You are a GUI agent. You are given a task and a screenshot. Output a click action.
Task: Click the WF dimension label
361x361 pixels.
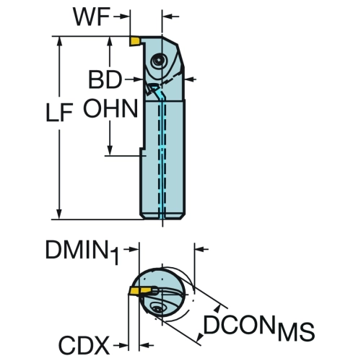coord(92,17)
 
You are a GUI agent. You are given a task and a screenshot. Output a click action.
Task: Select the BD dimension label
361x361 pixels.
coord(105,79)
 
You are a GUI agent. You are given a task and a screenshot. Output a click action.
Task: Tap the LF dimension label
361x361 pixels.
coord(59,112)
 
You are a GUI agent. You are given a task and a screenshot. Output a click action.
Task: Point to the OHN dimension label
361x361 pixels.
coord(110,108)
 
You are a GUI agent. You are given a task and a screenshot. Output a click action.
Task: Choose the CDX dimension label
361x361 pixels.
coord(84,345)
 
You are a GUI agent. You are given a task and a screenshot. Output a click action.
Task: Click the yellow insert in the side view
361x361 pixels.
coord(135,41)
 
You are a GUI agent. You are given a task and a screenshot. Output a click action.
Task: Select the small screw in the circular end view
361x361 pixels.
coord(157,308)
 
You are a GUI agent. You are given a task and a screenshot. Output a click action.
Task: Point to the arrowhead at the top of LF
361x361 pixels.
coord(59,41)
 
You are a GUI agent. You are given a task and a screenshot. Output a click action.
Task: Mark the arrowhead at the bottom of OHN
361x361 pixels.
coord(110,151)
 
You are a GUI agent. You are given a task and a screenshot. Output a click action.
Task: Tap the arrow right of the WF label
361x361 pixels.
coord(121,17)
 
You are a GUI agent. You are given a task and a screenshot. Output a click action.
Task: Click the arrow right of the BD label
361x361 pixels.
coord(134,79)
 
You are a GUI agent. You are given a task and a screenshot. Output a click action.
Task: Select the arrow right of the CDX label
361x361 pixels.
coord(121,346)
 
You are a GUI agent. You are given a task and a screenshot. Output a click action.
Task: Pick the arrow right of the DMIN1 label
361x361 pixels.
coord(131,250)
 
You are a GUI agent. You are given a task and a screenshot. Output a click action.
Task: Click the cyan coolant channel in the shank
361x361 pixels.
coord(162,159)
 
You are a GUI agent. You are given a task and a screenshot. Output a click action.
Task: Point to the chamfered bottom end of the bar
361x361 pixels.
coord(162,217)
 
